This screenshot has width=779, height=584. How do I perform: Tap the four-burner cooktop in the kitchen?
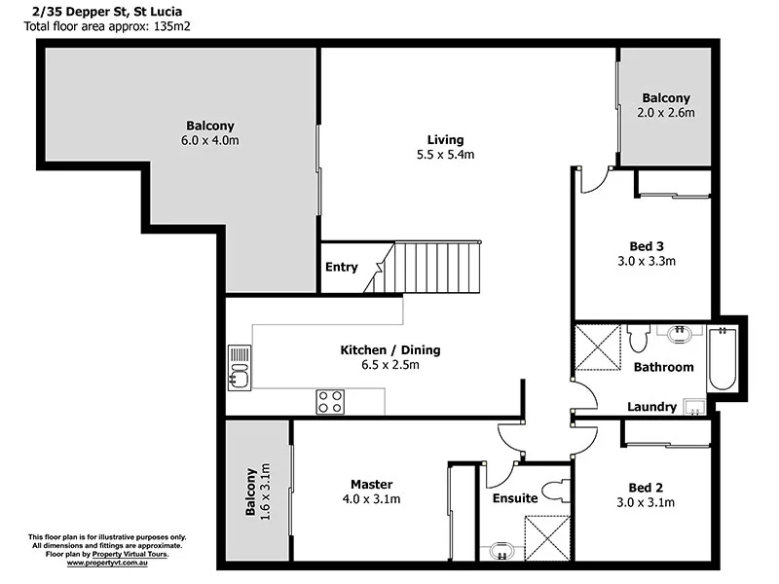point(329,401)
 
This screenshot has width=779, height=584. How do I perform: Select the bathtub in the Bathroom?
point(722,359)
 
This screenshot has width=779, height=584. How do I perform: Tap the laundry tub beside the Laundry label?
point(694,406)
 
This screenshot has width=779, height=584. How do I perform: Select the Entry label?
point(341,267)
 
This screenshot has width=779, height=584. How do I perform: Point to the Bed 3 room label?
point(647,245)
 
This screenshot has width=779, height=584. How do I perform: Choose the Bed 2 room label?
point(647,487)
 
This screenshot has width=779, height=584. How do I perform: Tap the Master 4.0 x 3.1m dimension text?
point(370,499)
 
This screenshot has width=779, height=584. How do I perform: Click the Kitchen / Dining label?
point(390,349)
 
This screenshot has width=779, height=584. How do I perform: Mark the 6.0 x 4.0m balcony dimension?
point(209,141)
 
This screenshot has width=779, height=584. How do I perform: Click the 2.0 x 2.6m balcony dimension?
point(666,113)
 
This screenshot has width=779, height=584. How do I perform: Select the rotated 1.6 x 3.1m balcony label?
point(257,492)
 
